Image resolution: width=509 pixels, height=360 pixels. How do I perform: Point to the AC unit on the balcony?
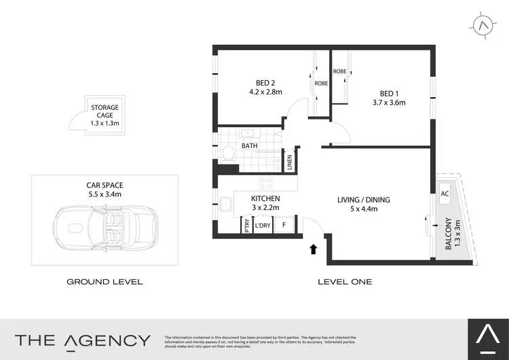(x=445, y=194)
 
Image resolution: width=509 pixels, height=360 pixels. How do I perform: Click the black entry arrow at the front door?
(x=314, y=249)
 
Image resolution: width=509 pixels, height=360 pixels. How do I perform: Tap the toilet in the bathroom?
(x=227, y=153)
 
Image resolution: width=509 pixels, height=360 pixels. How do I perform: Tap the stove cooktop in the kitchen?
(x=265, y=183)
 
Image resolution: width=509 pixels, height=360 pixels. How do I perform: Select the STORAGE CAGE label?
(x=105, y=111)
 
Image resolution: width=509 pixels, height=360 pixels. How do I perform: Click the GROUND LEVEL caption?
(x=105, y=281)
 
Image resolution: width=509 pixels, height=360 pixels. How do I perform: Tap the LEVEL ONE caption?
(x=345, y=281)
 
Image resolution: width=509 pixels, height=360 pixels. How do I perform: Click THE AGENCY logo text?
(x=83, y=340)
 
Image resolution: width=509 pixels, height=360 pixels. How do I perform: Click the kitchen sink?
(x=224, y=202)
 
